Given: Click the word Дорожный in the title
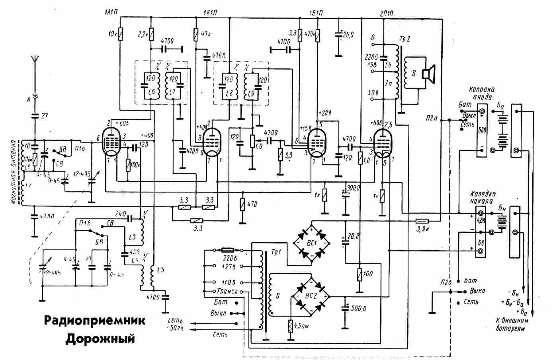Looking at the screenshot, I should coord(100,339).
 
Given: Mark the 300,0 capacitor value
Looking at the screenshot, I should coord(353,187).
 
